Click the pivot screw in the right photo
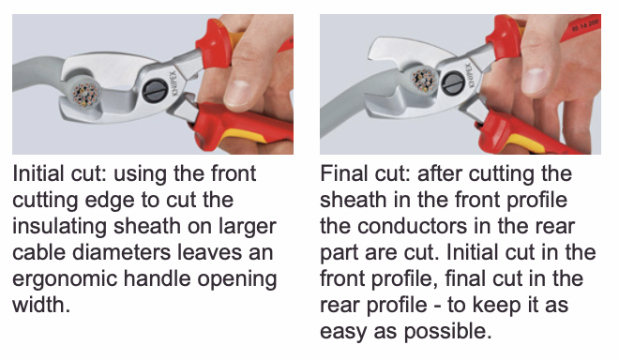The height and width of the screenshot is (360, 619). tap(453, 82)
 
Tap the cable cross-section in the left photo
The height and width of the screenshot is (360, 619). tap(84, 94)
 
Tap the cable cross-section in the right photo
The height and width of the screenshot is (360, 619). tap(423, 80)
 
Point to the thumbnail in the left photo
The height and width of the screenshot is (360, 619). tap(238, 94)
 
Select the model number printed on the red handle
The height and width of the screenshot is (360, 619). tap(585, 25)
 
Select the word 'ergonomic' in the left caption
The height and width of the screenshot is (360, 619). tap(65, 279)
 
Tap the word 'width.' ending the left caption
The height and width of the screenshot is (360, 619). tap(41, 305)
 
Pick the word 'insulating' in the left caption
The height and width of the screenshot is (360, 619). tap(60, 227)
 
